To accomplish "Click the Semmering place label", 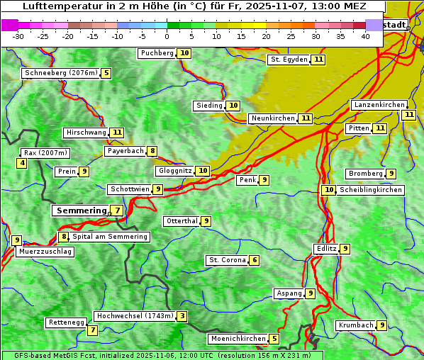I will coord(80,210).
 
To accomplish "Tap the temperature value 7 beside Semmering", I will coord(116,210).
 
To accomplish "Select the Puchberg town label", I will coord(157,53).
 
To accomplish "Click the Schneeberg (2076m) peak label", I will coord(60,73).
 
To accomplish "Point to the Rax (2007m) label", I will coord(45,152).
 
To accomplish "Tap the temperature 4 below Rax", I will coord(22,164).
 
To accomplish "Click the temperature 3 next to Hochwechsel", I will coord(182,316).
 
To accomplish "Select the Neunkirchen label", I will coord(272,118).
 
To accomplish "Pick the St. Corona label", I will coord(227,260).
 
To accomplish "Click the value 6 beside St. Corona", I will coord(255,260).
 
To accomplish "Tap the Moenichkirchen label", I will coord(238,339).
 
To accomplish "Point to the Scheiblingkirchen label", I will coord(370,190).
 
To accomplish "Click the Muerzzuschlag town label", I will coord(45,252).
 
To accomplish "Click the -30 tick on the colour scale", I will coord(19,36).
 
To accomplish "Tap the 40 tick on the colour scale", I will coord(365,36).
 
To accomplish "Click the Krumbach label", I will coord(356,325).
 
